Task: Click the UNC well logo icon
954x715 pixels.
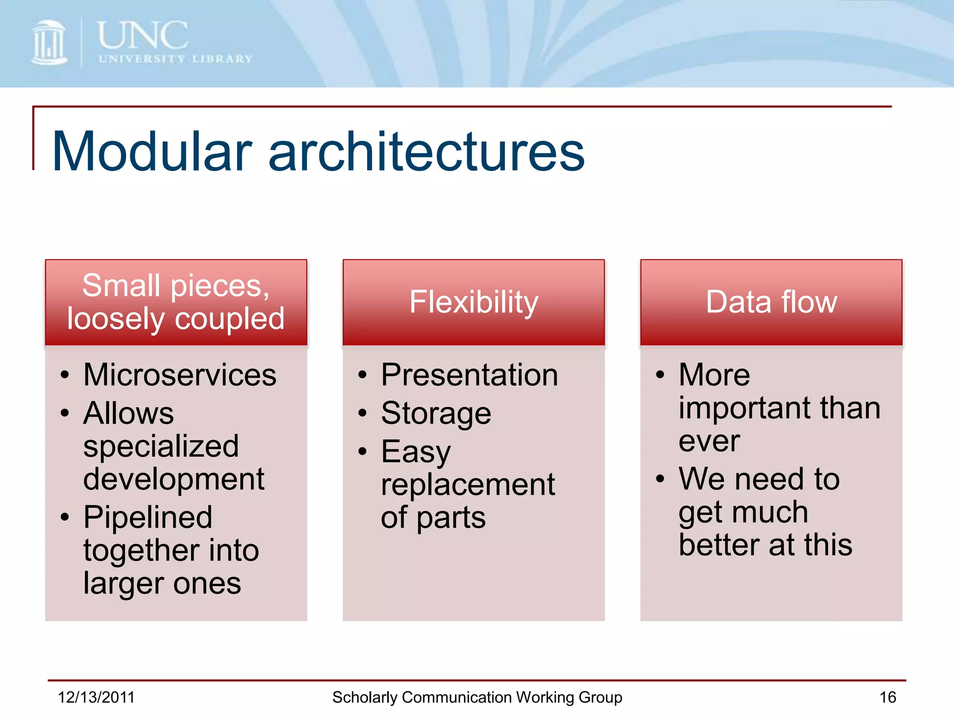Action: (49, 43)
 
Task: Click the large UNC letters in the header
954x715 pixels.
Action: (143, 35)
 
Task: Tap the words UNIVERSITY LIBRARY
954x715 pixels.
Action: (175, 59)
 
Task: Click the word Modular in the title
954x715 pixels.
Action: (152, 152)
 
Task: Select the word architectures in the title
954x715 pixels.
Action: (426, 152)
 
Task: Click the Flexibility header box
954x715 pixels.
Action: (473, 302)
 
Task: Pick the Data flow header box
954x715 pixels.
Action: (771, 302)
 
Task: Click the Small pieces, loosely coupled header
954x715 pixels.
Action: (176, 302)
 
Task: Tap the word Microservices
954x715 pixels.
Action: (180, 375)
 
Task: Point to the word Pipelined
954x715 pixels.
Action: (148, 517)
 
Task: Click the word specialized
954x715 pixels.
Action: (161, 446)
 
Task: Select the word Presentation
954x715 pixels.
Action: (469, 375)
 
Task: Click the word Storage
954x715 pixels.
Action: (436, 413)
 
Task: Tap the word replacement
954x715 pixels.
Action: (468, 485)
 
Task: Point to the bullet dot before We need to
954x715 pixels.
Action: (660, 479)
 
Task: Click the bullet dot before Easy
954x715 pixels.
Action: (362, 451)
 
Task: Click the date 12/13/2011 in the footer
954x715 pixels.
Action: (96, 697)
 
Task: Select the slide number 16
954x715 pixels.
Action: (887, 697)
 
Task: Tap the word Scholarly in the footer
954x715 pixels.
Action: (364, 697)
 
